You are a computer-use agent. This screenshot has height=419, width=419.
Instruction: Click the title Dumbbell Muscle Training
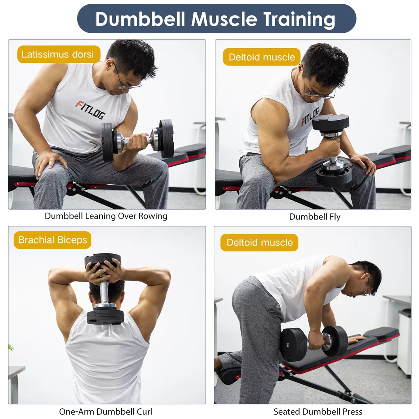click(x=216, y=19)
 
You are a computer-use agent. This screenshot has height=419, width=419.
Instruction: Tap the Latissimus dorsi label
click(x=59, y=54)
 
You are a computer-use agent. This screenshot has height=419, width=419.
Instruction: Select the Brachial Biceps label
click(x=53, y=240)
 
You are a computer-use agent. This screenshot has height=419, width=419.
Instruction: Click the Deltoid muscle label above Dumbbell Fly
click(x=262, y=57)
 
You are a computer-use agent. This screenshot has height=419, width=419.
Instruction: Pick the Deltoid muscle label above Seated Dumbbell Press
click(x=260, y=242)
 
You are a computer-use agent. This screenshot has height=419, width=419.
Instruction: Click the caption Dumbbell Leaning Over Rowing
click(x=106, y=216)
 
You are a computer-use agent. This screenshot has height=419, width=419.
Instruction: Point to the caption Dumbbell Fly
click(x=315, y=217)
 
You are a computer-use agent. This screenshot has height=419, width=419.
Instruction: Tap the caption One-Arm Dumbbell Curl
click(x=106, y=411)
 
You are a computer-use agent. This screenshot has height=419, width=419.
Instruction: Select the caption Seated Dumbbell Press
click(x=318, y=411)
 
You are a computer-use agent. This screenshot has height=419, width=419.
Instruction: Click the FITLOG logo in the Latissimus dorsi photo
click(x=90, y=109)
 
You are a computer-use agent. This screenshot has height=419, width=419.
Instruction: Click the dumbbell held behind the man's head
click(x=104, y=289)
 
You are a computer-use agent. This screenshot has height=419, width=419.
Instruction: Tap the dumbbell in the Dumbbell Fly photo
click(x=333, y=150)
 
